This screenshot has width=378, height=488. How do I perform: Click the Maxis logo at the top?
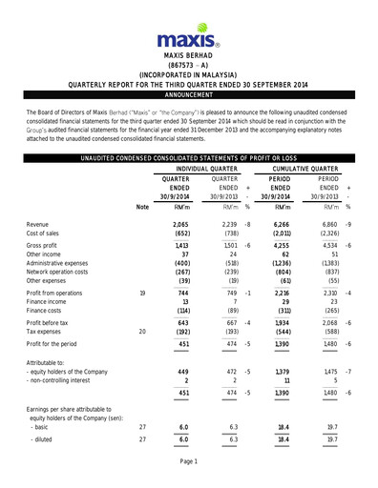pyautogui.click(x=189, y=38)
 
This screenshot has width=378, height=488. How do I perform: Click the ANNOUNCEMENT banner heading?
pyautogui.click(x=189, y=96)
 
